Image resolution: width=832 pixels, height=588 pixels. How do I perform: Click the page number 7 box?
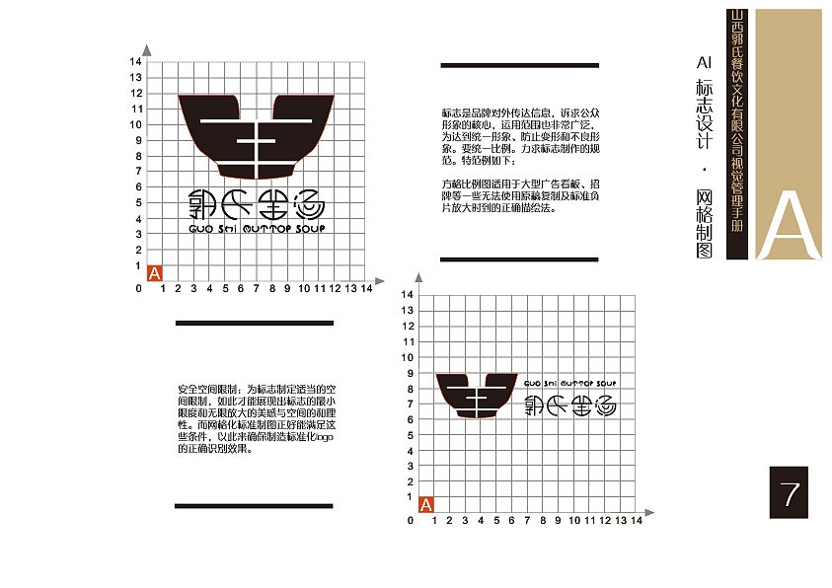point(789,492)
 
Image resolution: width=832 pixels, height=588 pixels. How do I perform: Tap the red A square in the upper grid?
point(154,273)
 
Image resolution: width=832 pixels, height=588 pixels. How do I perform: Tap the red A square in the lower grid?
point(426,504)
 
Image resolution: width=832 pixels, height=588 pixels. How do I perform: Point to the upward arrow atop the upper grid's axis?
point(146,49)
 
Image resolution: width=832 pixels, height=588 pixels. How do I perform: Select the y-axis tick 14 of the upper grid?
point(136,62)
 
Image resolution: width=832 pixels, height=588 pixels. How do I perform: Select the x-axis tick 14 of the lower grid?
point(636,520)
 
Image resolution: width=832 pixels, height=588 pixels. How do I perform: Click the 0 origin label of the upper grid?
point(138,288)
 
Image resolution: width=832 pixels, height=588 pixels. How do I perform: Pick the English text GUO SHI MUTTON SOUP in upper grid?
point(256,229)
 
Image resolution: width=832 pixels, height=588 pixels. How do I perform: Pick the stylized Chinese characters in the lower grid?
point(567,404)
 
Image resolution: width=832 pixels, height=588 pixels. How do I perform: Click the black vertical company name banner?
point(734,133)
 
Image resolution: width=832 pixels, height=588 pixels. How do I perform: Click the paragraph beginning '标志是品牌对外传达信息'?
point(519,136)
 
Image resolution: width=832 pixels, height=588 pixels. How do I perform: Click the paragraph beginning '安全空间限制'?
point(257,418)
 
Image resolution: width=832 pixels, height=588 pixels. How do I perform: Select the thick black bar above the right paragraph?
point(519,65)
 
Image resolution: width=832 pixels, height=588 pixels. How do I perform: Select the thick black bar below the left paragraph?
point(254,506)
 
